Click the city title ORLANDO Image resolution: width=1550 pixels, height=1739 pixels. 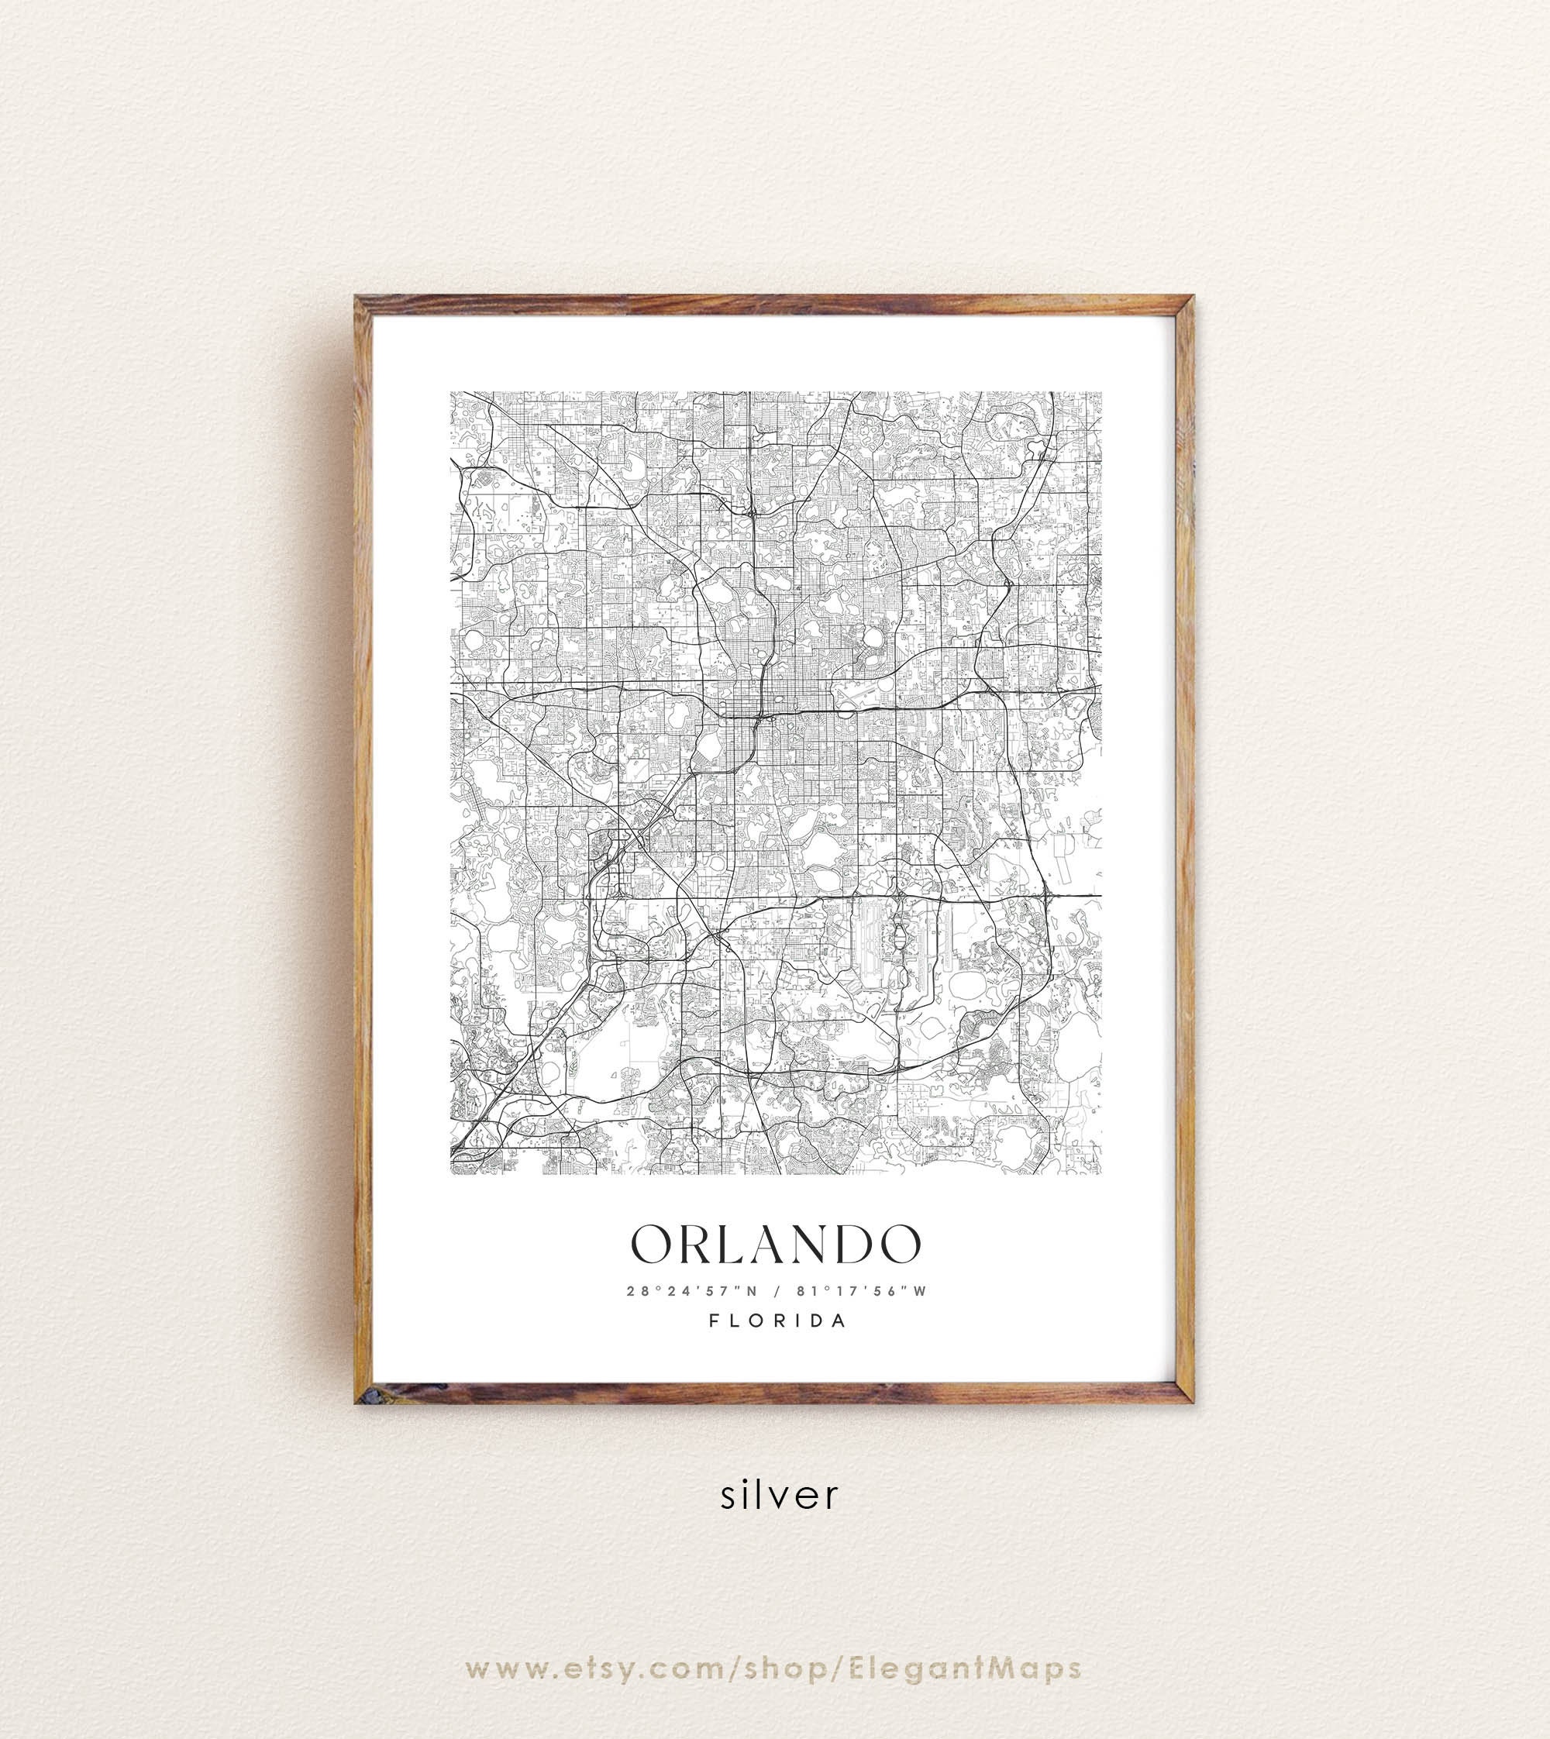[x=775, y=1245]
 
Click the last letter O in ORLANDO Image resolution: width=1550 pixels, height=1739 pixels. [x=897, y=1245]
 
